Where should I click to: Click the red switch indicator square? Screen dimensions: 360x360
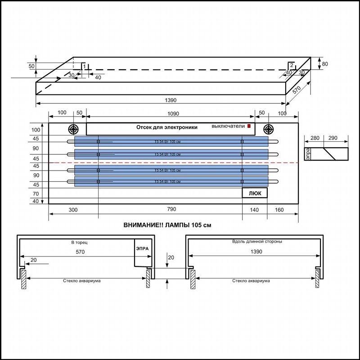tap(249, 126)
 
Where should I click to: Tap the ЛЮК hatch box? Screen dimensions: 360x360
tap(255, 193)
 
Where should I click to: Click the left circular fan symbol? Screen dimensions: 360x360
tap(73, 129)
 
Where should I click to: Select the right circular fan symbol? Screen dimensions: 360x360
tap(268, 129)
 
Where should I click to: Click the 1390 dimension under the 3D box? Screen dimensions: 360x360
tap(171, 100)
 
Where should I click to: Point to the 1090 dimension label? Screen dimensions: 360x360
tap(173, 114)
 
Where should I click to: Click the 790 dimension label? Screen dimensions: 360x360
tap(171, 209)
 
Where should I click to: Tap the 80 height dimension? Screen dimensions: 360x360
tap(325, 64)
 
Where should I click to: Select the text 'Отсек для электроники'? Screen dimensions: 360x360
tap(167, 127)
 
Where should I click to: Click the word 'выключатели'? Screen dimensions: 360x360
tap(228, 126)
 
